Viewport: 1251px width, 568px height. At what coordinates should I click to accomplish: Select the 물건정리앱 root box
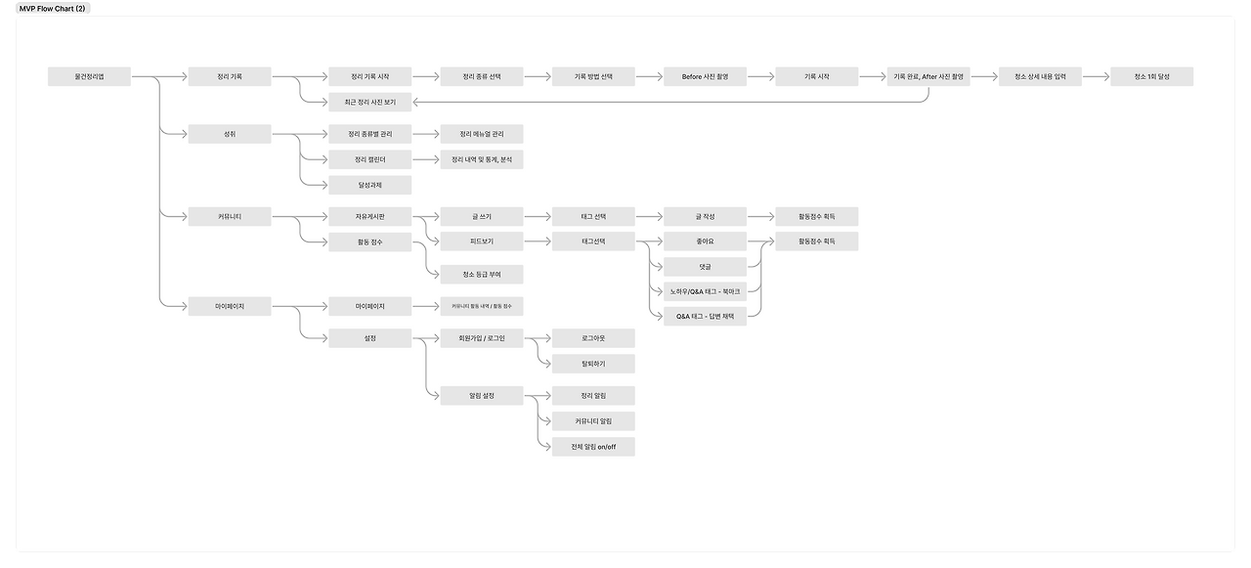(89, 76)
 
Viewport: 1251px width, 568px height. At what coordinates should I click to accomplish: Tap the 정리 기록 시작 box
(369, 76)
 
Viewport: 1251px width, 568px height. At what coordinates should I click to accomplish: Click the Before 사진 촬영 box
(705, 76)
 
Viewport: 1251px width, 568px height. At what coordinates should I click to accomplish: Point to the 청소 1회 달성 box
(1151, 76)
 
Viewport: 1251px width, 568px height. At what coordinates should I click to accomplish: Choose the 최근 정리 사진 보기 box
(369, 102)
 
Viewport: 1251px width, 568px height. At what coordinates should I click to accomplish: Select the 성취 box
(229, 134)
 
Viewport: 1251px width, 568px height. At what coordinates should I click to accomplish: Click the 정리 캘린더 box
(369, 159)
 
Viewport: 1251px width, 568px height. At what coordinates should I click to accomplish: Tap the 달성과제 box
(369, 185)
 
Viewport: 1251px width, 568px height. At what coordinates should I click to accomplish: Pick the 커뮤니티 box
(229, 216)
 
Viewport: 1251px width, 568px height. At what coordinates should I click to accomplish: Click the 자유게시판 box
(369, 216)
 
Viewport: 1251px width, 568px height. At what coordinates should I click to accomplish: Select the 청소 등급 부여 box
(481, 274)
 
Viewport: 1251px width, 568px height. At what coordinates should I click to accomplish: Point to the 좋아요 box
(705, 241)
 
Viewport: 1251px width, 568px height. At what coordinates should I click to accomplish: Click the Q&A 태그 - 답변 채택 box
(705, 316)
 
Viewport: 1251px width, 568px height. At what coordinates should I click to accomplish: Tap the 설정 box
(369, 338)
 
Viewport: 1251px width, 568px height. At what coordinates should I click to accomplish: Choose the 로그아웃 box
(593, 338)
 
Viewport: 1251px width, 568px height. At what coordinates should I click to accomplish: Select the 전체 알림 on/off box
(593, 447)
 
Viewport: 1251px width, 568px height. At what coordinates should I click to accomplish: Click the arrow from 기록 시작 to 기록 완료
(872, 76)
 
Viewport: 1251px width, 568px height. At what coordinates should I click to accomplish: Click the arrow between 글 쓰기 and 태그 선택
(537, 216)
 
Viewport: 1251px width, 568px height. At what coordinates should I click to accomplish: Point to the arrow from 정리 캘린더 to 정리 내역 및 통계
(425, 159)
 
